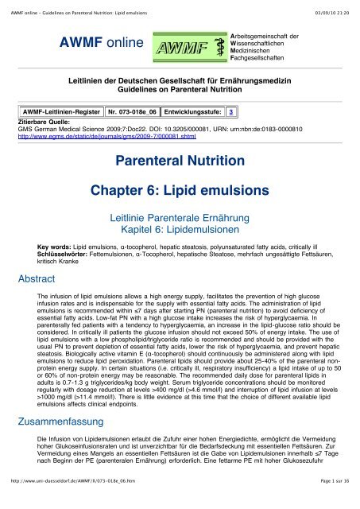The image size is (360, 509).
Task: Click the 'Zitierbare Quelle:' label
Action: [x=45, y=122]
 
